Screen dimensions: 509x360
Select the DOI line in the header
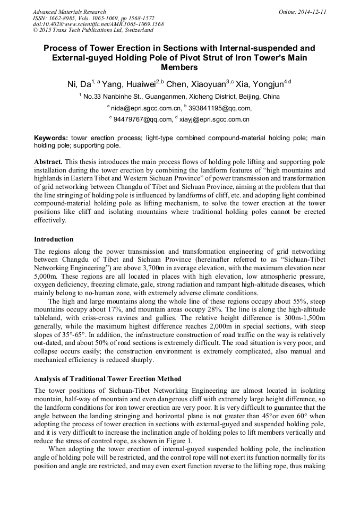98,24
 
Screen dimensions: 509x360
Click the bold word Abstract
48,161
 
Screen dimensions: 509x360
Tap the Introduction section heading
54,239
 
